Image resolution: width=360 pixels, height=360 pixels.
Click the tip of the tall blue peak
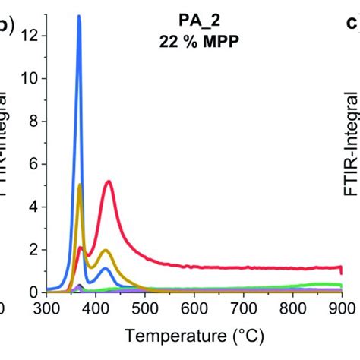coord(79,16)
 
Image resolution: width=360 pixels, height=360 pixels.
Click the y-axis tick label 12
coord(29,35)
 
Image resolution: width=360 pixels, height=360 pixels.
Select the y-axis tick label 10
coord(29,78)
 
